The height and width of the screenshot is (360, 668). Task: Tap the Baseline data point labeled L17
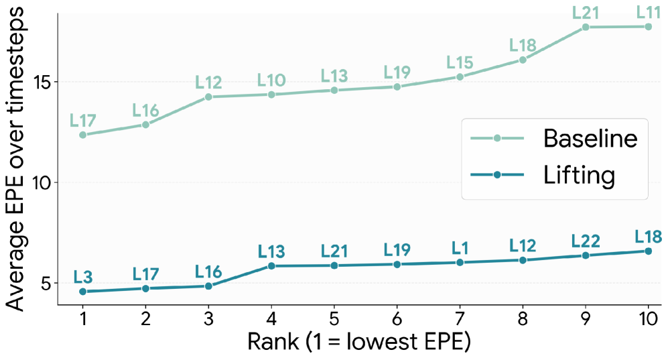point(82,135)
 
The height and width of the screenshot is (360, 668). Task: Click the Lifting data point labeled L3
point(82,292)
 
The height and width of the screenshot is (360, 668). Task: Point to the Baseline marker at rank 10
point(648,27)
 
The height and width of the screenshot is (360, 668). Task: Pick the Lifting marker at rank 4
point(271,266)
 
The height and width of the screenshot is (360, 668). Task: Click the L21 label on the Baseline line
point(585,11)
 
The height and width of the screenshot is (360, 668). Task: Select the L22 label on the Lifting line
point(585,240)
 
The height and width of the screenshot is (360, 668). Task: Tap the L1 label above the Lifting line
point(460,247)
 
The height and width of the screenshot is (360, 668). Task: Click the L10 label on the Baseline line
point(271,80)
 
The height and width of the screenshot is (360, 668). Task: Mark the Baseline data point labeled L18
point(523,60)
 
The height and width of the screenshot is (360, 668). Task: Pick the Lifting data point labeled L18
point(648,251)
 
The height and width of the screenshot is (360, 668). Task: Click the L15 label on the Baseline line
point(460,62)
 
